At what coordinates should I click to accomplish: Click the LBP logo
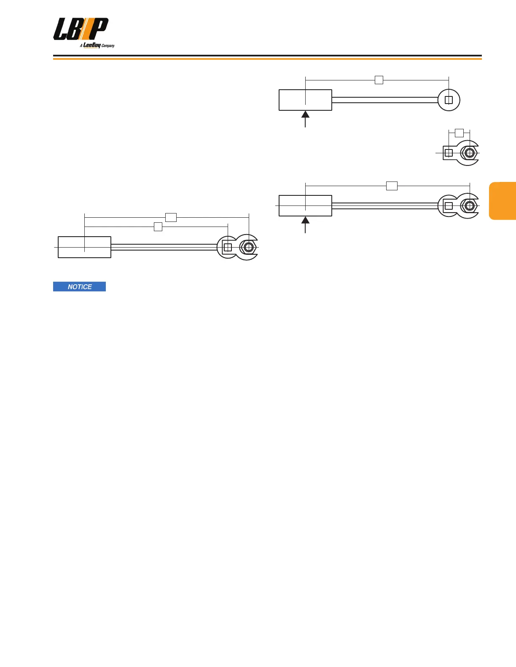point(81,29)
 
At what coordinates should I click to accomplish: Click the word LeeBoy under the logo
point(91,45)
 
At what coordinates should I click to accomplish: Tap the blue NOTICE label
point(79,287)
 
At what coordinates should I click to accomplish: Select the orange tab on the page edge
point(503,201)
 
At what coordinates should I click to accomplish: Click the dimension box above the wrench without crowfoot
point(379,80)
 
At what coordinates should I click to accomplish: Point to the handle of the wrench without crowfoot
point(305,100)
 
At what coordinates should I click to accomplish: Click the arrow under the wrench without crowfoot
point(305,118)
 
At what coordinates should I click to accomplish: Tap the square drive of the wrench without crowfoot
point(449,100)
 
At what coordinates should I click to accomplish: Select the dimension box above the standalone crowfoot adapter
point(459,133)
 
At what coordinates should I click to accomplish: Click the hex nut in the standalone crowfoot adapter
point(469,153)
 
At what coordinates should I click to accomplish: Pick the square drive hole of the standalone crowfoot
point(449,153)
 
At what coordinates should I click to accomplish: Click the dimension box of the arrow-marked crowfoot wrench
point(392,186)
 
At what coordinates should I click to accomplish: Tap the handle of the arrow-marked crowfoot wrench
point(305,206)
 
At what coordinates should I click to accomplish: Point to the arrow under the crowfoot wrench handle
point(305,224)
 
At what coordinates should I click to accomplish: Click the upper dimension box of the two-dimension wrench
point(171,217)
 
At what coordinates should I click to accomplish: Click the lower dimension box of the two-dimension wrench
point(158,227)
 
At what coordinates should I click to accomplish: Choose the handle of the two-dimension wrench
point(84,247)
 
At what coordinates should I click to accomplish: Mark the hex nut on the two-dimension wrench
point(249,247)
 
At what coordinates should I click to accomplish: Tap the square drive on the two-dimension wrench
point(228,247)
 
